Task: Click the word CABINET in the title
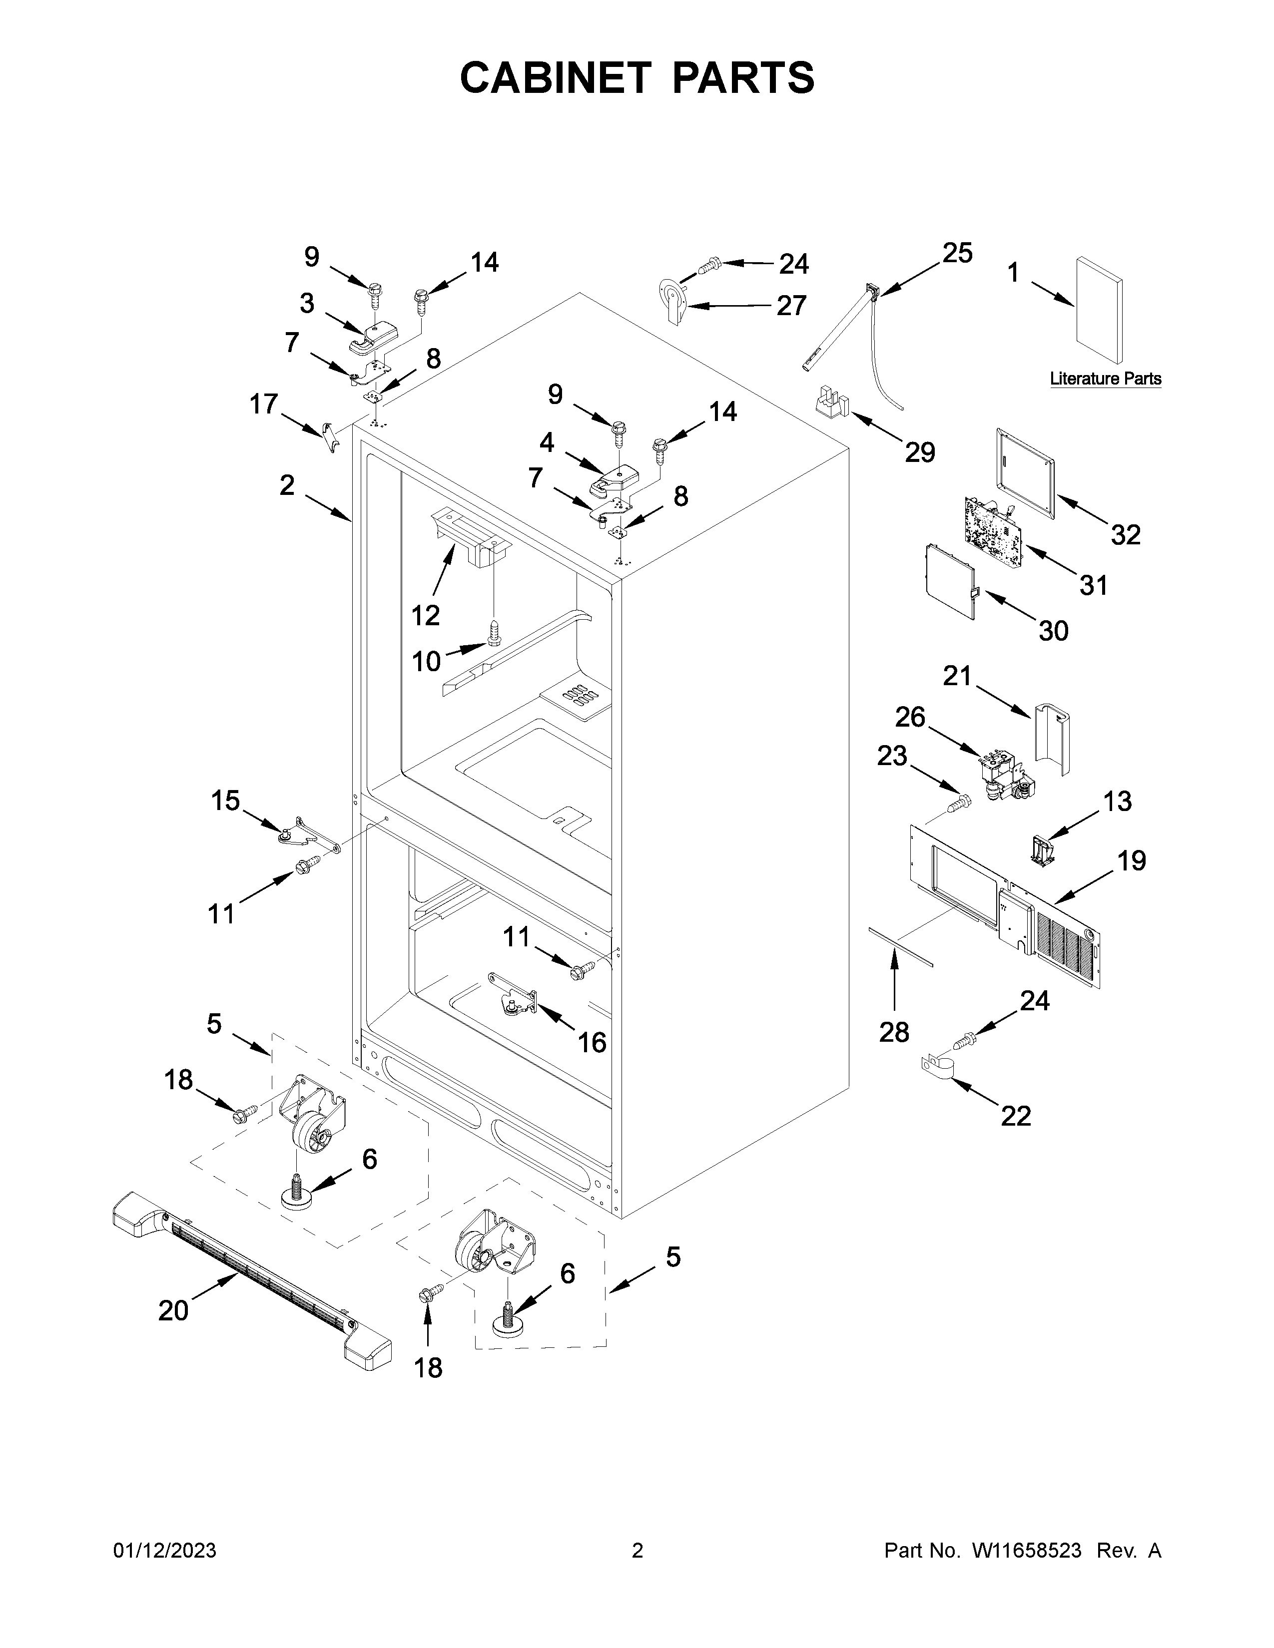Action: (555, 78)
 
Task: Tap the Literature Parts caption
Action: (1105, 379)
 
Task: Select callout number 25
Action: (957, 253)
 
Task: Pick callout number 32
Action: (1125, 534)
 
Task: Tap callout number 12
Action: (426, 616)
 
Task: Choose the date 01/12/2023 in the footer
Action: (164, 1551)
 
